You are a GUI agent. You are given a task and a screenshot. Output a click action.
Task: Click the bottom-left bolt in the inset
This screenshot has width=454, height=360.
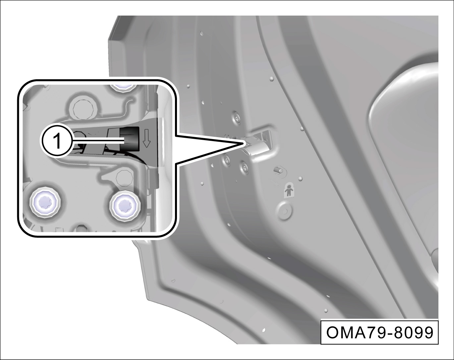[x=45, y=202]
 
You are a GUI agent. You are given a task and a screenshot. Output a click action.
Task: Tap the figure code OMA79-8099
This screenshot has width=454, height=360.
[x=379, y=333]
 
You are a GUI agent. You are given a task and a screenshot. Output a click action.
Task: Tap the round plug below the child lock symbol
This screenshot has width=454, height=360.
[x=284, y=210]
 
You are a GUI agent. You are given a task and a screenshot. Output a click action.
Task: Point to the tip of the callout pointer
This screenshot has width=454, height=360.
[x=245, y=143]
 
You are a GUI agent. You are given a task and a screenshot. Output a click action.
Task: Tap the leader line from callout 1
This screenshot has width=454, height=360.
[x=98, y=140]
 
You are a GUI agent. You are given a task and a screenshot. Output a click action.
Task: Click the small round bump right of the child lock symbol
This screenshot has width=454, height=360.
[x=301, y=179]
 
